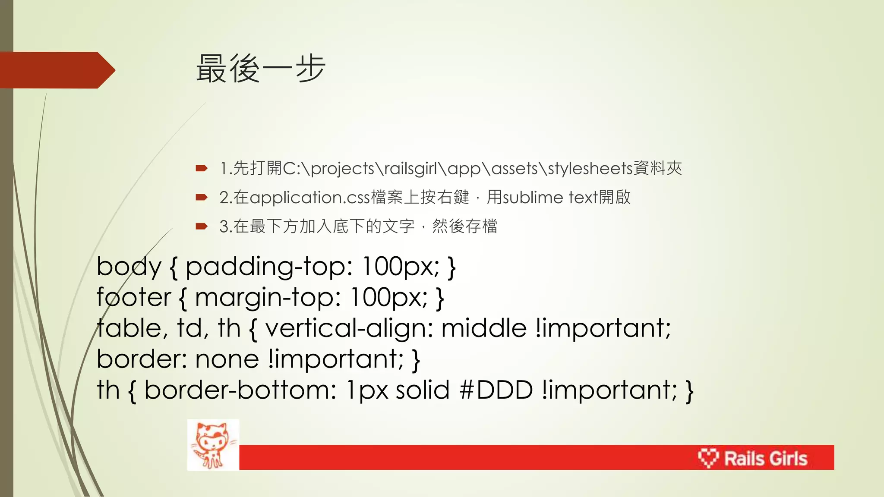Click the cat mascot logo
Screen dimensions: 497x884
pyautogui.click(x=213, y=445)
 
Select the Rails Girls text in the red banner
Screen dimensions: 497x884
pyautogui.click(x=765, y=458)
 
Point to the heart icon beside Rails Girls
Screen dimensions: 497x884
pyautogui.click(x=708, y=458)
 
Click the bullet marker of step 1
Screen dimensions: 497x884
pyautogui.click(x=202, y=168)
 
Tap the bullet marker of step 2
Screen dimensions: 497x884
pyautogui.click(x=202, y=198)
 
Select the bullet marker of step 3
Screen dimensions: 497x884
pyautogui.click(x=202, y=226)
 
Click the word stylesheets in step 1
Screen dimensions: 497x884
pyautogui.click(x=590, y=168)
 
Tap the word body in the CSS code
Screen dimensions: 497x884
pyautogui.click(x=129, y=266)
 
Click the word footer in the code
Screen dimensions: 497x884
pyautogui.click(x=134, y=297)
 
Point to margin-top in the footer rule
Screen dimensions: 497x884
pyautogui.click(x=268, y=297)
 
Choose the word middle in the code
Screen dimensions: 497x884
pyautogui.click(x=484, y=328)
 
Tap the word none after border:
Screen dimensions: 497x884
pyautogui.click(x=227, y=359)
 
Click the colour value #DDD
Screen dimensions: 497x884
pyautogui.click(x=496, y=390)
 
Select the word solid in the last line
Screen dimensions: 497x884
pyautogui.click(x=423, y=390)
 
